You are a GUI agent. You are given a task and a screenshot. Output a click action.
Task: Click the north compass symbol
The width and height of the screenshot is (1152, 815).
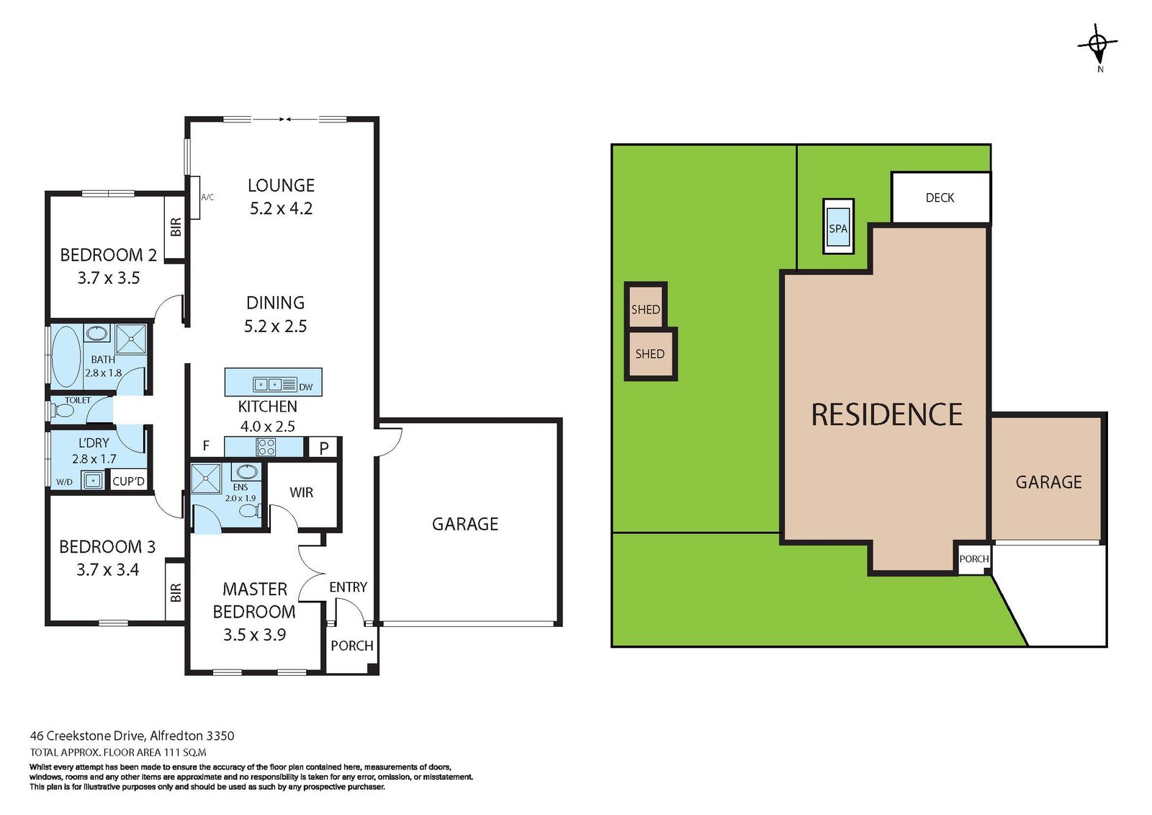pyautogui.click(x=1097, y=45)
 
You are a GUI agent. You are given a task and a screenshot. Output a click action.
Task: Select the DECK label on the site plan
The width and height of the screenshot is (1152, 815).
pyautogui.click(x=940, y=197)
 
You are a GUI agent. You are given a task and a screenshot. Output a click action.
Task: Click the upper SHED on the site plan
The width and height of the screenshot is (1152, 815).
pyautogui.click(x=645, y=309)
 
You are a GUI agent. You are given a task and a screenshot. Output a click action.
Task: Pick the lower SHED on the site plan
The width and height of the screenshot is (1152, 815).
pyautogui.click(x=649, y=354)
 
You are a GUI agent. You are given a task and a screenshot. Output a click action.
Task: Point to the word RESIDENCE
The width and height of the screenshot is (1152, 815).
pyautogui.click(x=886, y=415)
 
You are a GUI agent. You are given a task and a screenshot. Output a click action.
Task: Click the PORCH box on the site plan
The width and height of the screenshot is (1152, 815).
pyautogui.click(x=973, y=559)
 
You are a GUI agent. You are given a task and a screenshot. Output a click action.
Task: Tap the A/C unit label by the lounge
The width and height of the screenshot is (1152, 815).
pyautogui.click(x=207, y=197)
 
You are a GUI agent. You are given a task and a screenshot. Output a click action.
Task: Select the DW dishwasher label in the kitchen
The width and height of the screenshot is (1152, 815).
pyautogui.click(x=306, y=387)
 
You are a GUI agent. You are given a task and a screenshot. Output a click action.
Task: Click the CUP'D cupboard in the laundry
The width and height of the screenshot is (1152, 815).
pyautogui.click(x=129, y=481)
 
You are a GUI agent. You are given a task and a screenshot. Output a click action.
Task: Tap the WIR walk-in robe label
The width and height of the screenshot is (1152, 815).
pyautogui.click(x=301, y=492)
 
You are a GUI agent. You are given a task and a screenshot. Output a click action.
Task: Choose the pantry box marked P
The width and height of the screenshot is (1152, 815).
pyautogui.click(x=324, y=447)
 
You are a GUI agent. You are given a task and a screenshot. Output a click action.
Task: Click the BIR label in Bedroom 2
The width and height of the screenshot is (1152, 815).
pyautogui.click(x=176, y=227)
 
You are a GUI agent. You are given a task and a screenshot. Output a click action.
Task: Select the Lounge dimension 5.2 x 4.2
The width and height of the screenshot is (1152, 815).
pyautogui.click(x=281, y=209)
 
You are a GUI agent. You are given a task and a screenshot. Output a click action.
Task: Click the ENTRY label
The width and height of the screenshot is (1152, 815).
pyautogui.click(x=348, y=587)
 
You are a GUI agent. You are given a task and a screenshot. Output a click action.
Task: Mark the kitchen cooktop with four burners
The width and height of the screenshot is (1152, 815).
pyautogui.click(x=266, y=447)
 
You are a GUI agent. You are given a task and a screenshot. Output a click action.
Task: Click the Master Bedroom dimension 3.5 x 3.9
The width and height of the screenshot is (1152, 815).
pyautogui.click(x=254, y=635)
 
